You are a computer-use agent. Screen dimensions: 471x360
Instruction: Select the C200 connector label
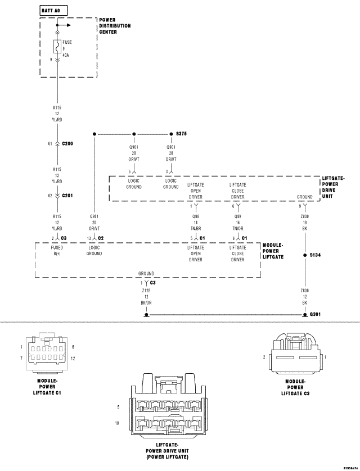(x=67, y=144)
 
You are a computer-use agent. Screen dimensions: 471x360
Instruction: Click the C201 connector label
(x=67, y=196)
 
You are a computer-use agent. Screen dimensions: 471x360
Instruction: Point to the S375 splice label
(x=181, y=134)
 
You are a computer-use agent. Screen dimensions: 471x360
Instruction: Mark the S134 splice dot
(x=304, y=256)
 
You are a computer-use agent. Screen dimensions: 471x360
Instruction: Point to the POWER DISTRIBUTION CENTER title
(x=115, y=26)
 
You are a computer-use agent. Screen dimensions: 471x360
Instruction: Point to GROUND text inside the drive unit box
(x=305, y=197)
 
